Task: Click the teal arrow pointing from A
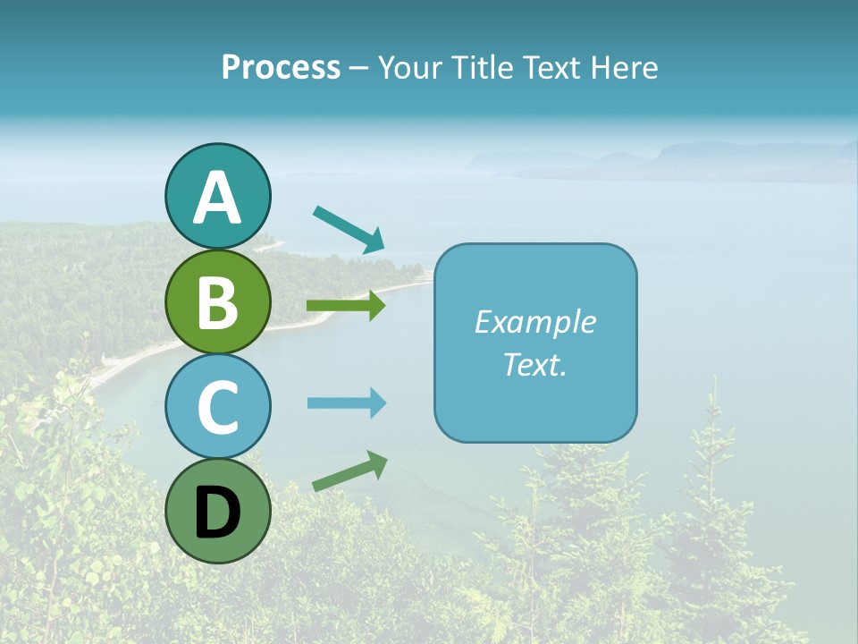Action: pos(349,229)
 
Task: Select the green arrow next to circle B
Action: pos(346,306)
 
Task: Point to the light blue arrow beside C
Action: pos(346,403)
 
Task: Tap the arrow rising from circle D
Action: pos(349,470)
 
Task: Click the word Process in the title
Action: pos(281,67)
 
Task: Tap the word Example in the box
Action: pos(535,322)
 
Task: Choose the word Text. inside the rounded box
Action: pos(535,364)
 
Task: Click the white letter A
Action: pos(217,199)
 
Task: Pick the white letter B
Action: pos(217,302)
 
